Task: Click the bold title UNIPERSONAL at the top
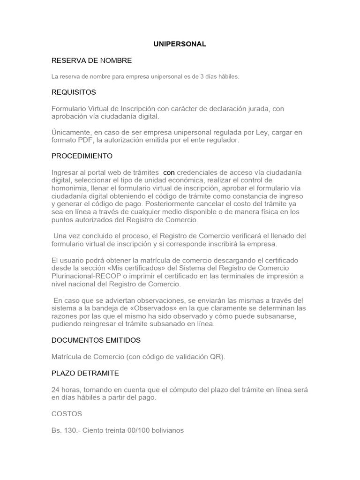point(180,44)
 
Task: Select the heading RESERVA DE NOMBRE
point(91,60)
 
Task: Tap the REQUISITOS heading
point(74,92)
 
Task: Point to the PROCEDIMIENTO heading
point(82,156)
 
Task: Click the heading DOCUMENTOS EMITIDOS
point(96,340)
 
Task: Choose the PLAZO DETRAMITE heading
point(85,373)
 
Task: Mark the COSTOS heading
point(67,414)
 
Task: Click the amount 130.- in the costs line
point(71,430)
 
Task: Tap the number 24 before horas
point(56,390)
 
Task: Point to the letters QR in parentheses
point(217,357)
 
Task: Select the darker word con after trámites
point(169,172)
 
